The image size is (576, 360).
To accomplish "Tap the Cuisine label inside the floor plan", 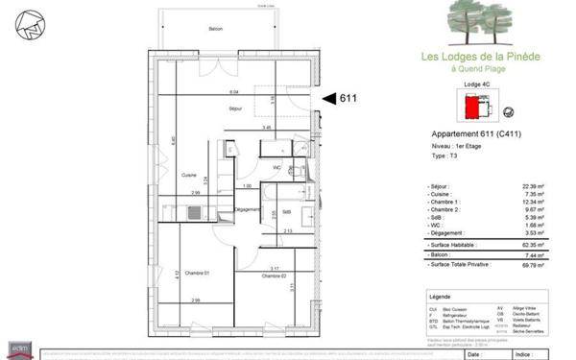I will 189,175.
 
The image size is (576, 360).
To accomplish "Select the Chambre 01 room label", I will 199,273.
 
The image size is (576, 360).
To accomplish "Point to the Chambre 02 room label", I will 276,276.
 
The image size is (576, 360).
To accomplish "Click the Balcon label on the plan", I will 217,29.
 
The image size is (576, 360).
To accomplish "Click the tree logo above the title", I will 480,23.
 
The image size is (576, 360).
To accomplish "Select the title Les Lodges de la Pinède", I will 481,57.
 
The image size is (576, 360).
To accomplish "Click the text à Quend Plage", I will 481,68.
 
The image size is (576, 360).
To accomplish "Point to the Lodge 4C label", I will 476,85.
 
